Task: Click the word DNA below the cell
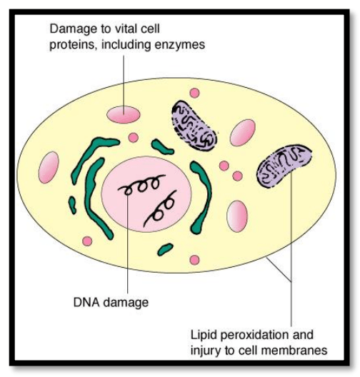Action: [x=86, y=303]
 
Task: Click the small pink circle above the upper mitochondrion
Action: [x=194, y=93]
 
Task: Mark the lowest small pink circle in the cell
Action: [x=194, y=261]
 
